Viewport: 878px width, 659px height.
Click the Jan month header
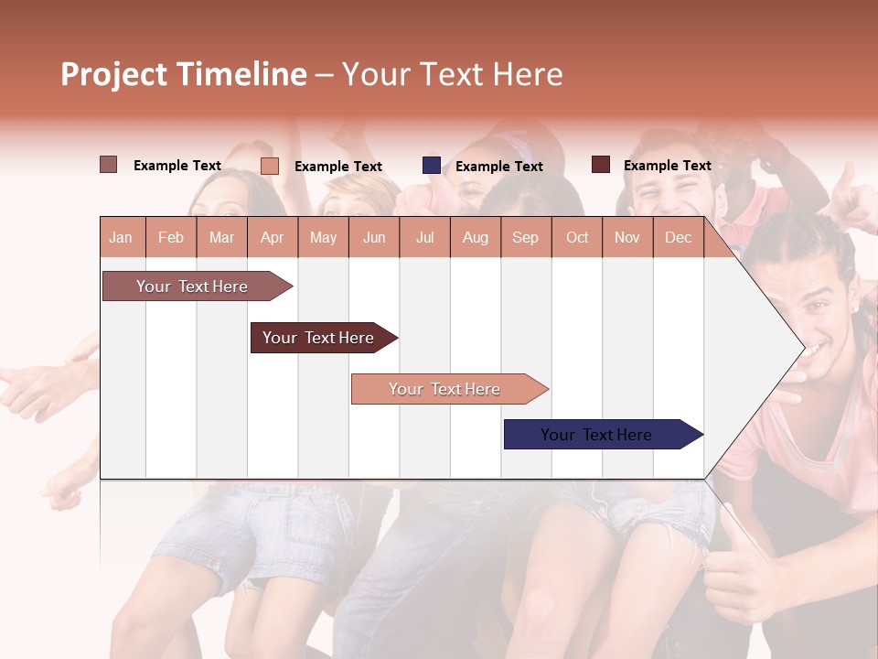tap(121, 238)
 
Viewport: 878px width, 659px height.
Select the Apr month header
tap(272, 238)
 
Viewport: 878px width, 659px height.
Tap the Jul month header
tap(424, 238)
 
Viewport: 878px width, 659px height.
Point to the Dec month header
tap(678, 238)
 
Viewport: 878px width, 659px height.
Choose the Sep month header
tap(525, 238)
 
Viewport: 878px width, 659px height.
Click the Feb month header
tap(171, 238)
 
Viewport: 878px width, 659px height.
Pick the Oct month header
tap(577, 238)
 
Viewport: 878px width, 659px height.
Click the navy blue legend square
tap(432, 166)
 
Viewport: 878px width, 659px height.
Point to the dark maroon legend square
tap(600, 165)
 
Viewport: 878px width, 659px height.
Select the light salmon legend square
tap(270, 166)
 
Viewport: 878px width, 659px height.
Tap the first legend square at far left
tap(109, 165)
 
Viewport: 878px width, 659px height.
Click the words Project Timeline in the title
tap(184, 74)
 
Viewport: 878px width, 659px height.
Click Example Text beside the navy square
tap(498, 167)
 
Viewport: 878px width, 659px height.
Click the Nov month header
tap(627, 238)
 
